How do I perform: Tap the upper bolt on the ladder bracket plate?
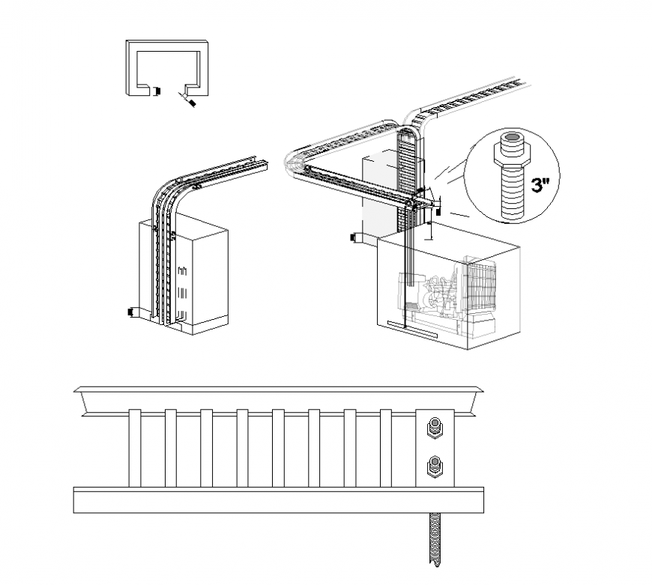pyautogui.click(x=434, y=428)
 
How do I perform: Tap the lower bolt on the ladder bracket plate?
pyautogui.click(x=434, y=468)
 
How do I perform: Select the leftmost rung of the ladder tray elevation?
pyautogui.click(x=135, y=448)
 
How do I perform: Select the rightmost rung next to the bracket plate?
pyautogui.click(x=386, y=448)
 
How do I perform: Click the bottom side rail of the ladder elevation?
pyautogui.click(x=278, y=500)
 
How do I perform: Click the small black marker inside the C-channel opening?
pyautogui.click(x=157, y=91)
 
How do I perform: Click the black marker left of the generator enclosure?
pyautogui.click(x=354, y=238)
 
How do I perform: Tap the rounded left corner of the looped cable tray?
pyautogui.click(x=294, y=160)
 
